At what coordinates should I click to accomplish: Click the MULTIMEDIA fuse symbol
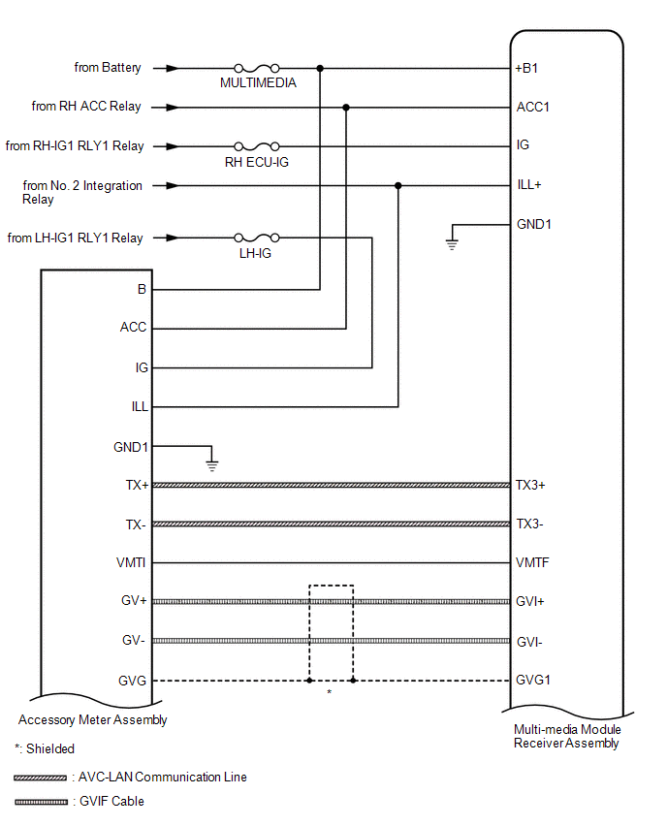(x=257, y=69)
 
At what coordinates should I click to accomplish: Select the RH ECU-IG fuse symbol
(x=257, y=146)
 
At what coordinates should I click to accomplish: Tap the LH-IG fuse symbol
(x=257, y=238)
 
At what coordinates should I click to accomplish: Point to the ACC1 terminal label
(x=533, y=107)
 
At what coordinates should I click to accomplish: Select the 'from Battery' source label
(x=108, y=68)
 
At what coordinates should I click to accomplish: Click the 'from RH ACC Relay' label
(x=86, y=107)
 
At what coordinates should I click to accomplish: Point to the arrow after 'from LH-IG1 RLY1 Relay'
(x=172, y=238)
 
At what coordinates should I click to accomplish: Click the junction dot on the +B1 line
(x=320, y=69)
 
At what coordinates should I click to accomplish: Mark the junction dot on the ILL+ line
(x=397, y=185)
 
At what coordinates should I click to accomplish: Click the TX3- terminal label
(x=531, y=524)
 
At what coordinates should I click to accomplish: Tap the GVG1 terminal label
(x=533, y=680)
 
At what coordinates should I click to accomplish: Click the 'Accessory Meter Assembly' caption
(x=93, y=720)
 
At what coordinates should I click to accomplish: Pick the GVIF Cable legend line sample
(x=41, y=802)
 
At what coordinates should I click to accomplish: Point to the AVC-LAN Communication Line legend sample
(x=41, y=778)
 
